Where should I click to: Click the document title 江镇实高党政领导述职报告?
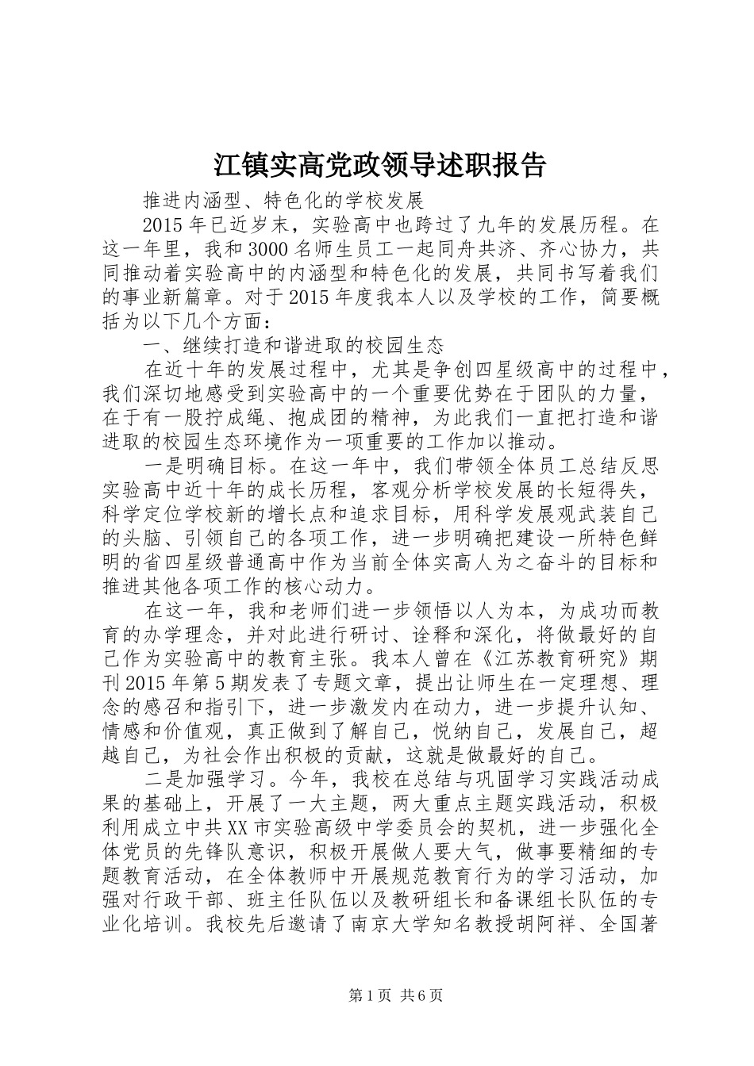point(379,164)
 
